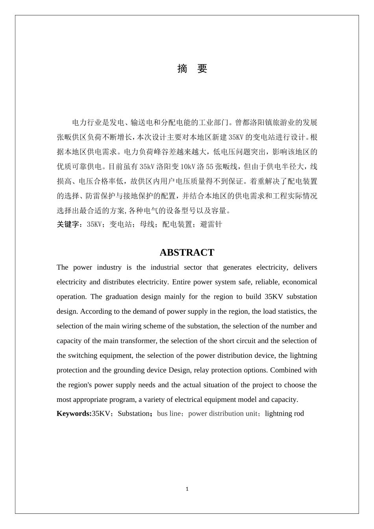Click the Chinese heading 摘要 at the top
(x=192, y=68)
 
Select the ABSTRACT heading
(x=187, y=252)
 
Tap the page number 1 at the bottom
(x=187, y=489)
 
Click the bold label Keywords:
(x=74, y=413)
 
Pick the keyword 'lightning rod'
(x=284, y=413)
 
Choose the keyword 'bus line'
(x=168, y=413)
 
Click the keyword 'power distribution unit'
(x=223, y=413)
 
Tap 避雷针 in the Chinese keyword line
(x=211, y=224)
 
